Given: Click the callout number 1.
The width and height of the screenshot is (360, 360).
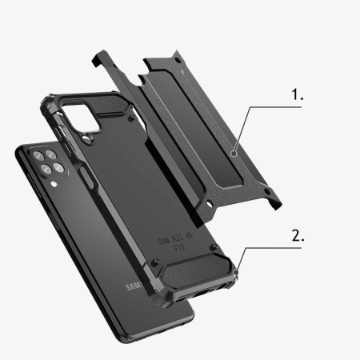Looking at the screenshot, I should [x=298, y=94].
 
